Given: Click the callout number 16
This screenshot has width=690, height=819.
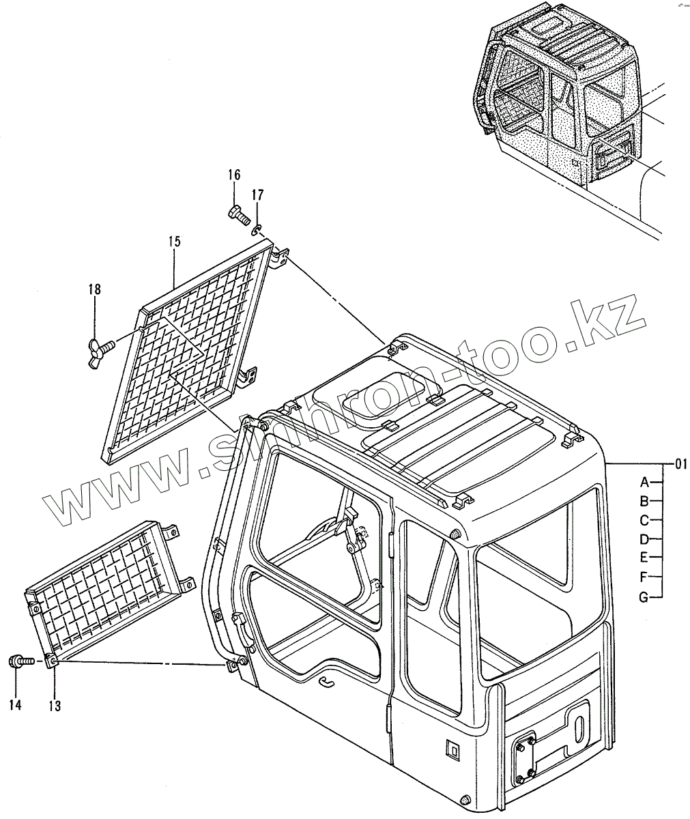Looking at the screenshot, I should click(234, 175).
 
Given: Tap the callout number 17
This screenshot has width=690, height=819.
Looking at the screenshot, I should click(257, 195).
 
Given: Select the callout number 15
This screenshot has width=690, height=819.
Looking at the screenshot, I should click(174, 241).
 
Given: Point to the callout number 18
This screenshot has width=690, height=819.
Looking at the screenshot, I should click(94, 289).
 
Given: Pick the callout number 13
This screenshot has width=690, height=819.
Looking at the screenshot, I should click(55, 706).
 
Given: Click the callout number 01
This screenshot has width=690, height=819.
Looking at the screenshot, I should click(680, 464).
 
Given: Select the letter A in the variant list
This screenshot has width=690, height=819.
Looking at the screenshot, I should click(644, 482).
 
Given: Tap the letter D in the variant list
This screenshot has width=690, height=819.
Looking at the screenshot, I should click(644, 539).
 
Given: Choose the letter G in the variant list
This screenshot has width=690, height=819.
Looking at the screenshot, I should click(644, 597).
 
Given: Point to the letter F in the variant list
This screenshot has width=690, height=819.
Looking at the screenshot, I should click(644, 577).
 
